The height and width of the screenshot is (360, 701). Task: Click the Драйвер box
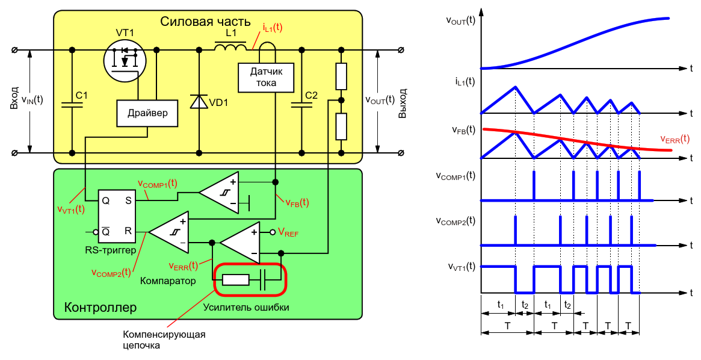click(x=147, y=113)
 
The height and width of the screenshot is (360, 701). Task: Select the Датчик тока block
click(x=266, y=77)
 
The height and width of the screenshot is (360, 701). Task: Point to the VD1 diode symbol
click(x=199, y=102)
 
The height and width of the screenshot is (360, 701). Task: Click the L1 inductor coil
click(x=230, y=46)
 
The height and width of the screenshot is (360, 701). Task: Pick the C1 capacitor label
click(x=81, y=95)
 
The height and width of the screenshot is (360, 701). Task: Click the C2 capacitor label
click(x=311, y=95)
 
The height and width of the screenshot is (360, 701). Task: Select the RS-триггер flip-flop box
click(x=117, y=216)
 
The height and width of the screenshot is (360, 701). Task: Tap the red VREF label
click(x=288, y=232)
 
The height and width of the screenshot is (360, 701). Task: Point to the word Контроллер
click(x=100, y=308)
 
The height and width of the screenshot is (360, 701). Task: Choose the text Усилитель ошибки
click(x=246, y=307)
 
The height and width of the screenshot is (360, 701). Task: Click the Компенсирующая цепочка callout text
click(x=164, y=340)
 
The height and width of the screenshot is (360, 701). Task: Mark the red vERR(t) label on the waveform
click(x=675, y=139)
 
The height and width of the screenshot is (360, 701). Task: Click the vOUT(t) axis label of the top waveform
click(x=460, y=20)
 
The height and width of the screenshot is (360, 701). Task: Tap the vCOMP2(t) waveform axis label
click(x=455, y=221)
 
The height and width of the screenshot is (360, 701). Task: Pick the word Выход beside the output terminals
click(x=403, y=104)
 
